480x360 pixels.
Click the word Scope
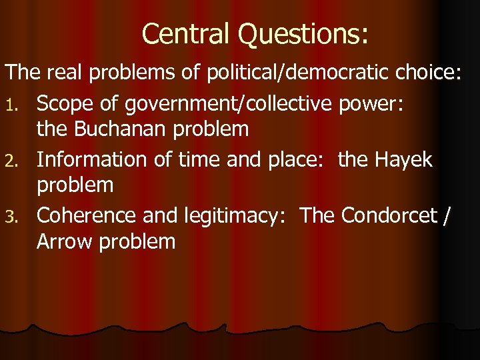(x=65, y=103)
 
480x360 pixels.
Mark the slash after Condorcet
(x=447, y=217)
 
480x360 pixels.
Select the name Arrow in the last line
(x=65, y=241)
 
